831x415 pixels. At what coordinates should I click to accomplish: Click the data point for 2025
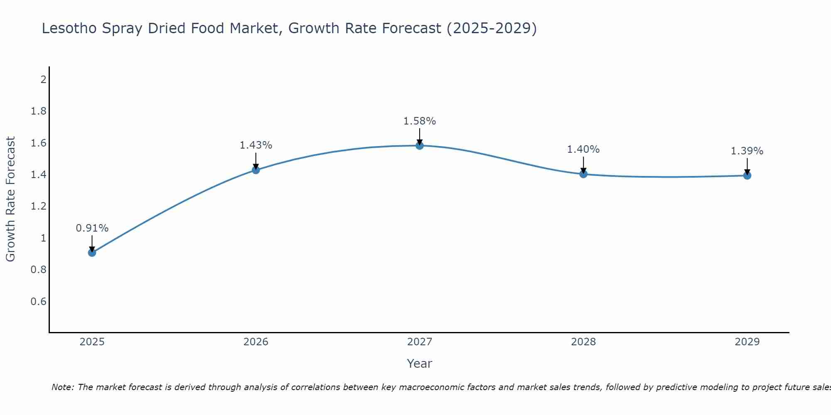point(92,252)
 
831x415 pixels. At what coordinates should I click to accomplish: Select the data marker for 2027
point(420,145)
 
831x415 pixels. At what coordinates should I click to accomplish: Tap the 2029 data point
point(747,176)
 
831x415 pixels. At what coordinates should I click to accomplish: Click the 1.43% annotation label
point(256,145)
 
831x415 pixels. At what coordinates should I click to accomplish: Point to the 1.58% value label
point(420,121)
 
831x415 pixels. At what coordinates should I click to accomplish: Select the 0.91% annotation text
point(92,228)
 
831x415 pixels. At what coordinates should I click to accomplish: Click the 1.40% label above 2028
point(583,149)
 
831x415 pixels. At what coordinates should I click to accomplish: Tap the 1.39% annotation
point(747,151)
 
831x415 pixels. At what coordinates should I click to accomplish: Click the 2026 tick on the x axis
point(256,342)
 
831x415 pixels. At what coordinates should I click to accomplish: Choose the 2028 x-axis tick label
point(583,342)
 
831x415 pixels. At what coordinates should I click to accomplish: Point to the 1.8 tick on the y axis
point(39,111)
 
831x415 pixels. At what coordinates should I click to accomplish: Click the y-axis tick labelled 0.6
point(39,301)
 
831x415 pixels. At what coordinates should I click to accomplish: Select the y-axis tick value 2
point(43,79)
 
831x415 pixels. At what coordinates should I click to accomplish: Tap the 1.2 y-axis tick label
point(39,206)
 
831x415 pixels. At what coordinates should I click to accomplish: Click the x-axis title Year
point(420,364)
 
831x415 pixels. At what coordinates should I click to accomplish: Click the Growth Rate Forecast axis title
point(10,199)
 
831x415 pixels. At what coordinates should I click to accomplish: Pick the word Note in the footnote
point(62,387)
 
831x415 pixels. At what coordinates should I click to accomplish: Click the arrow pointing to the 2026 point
point(256,161)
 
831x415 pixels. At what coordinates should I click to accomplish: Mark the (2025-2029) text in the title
point(492,28)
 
